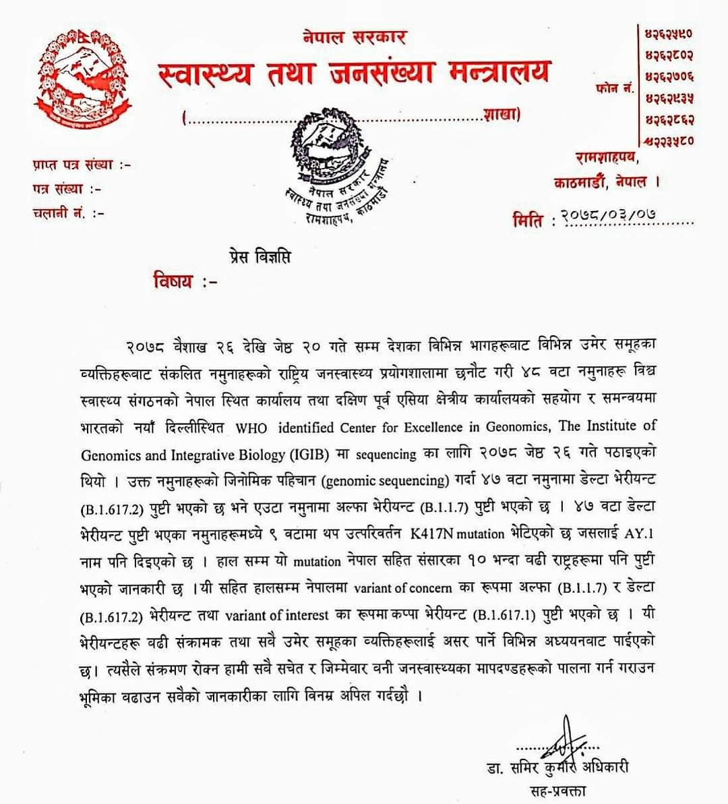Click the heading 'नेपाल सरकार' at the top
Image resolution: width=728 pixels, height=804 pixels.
click(x=354, y=37)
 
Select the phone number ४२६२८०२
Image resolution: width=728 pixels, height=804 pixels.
click(x=669, y=54)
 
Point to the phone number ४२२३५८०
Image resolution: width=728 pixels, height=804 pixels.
click(x=668, y=141)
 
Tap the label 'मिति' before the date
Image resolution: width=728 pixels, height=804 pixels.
click(x=528, y=220)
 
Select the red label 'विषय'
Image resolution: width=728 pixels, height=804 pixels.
click(x=173, y=281)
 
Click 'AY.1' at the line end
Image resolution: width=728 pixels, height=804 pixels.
click(x=640, y=534)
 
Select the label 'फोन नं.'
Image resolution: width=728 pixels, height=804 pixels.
click(x=615, y=88)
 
